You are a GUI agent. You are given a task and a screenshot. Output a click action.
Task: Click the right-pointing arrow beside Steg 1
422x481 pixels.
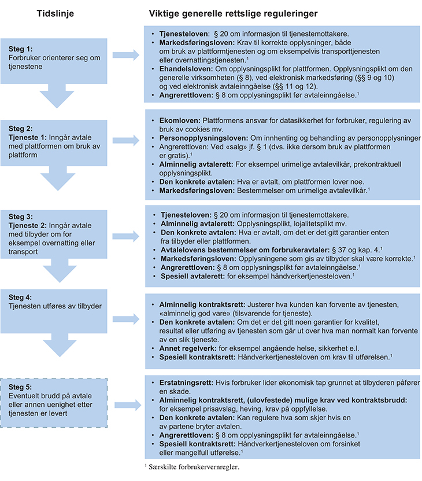coord(128,56)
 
